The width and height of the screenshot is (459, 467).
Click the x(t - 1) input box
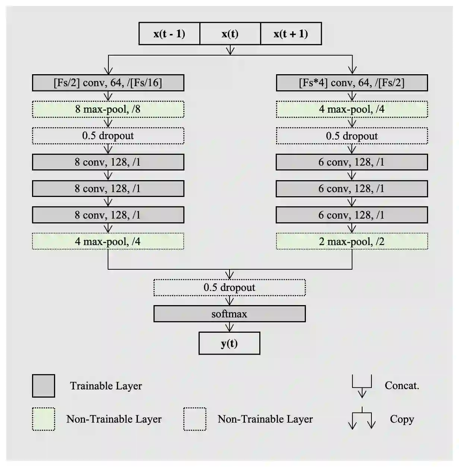[x=169, y=34]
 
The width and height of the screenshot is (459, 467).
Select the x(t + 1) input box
[x=291, y=34]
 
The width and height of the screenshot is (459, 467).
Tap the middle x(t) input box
[x=230, y=34]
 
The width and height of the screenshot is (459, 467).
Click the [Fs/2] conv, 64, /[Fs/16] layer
[x=108, y=83]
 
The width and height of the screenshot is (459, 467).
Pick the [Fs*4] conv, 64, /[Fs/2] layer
[x=352, y=83]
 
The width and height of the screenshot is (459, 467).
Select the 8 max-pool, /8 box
[x=108, y=109]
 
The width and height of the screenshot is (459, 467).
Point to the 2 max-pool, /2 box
[x=352, y=241]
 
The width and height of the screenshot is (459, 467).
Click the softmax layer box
[x=229, y=314]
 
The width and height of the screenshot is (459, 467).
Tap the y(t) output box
[x=229, y=344]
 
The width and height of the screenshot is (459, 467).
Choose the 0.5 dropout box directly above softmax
[x=229, y=288]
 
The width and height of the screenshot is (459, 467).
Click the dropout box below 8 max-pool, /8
[x=108, y=136]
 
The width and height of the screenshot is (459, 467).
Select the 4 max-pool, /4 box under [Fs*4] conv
[x=352, y=109]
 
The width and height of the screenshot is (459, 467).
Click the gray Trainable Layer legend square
[x=44, y=386]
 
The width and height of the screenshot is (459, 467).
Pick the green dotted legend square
[x=44, y=419]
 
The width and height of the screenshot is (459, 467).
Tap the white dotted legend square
[x=194, y=419]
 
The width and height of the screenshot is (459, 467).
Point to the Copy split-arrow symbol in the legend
[x=362, y=419]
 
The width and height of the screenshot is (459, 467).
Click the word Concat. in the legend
[x=402, y=385]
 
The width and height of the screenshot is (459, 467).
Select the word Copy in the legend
[x=402, y=419]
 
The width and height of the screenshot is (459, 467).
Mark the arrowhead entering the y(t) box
[x=229, y=329]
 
